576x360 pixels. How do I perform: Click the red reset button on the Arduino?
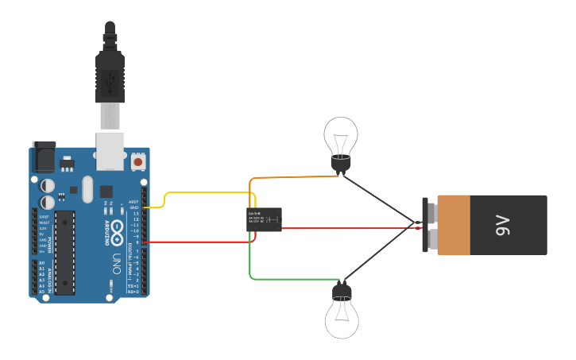[138, 161]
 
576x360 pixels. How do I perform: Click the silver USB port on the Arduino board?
[110, 151]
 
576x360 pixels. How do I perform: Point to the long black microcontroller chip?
[64, 251]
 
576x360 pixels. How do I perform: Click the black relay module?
[264, 219]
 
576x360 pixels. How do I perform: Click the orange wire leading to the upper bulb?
[294, 177]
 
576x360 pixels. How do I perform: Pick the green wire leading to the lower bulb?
[294, 279]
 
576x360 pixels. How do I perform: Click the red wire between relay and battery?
[350, 228]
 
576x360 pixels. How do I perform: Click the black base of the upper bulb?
[341, 165]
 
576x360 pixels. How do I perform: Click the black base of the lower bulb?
[342, 291]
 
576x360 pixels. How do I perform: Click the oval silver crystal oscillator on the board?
[87, 189]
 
